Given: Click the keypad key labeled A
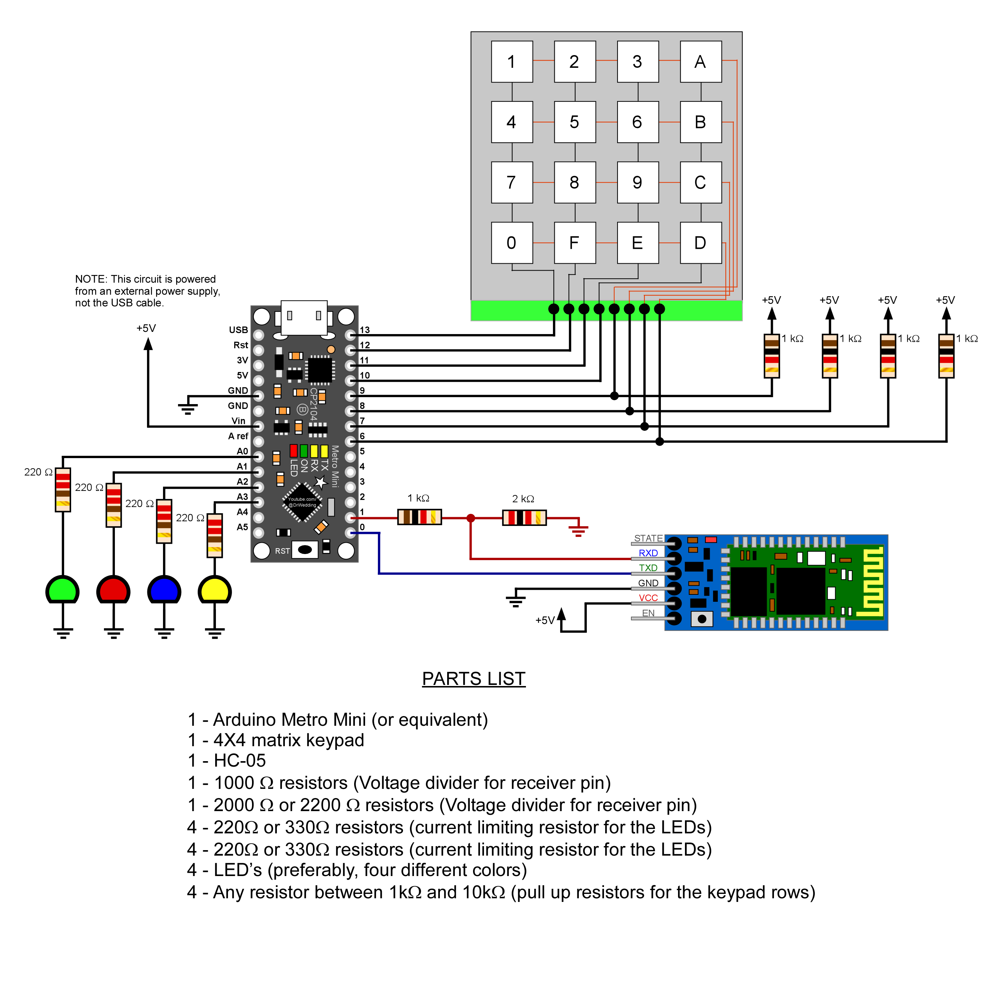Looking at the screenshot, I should (700, 62).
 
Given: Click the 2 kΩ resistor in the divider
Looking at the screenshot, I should (524, 518).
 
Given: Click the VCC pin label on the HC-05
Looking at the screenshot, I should (648, 598).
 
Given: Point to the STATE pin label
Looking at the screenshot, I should (648, 538).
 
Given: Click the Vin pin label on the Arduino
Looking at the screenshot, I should (239, 421).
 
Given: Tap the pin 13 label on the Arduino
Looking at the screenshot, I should (365, 330).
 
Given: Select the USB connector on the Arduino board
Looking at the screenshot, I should (304, 317).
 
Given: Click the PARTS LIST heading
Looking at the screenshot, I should (473, 679).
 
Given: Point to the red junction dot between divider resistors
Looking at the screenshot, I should (470, 518).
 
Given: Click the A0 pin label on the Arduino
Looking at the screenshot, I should (242, 452).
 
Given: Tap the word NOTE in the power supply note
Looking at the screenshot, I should (90, 279).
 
